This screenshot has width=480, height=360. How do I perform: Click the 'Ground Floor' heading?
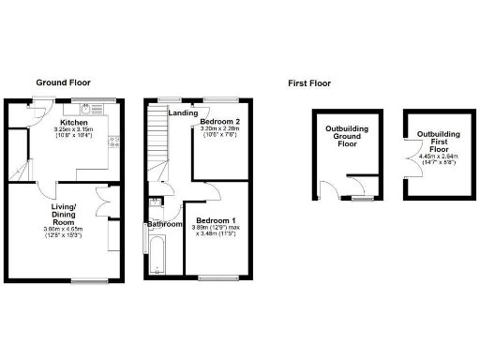coord(63,82)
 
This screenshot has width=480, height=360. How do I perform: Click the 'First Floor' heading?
coord(309,83)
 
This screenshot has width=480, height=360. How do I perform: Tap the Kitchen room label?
coord(74,123)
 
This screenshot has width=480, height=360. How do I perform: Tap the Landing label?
coord(183,113)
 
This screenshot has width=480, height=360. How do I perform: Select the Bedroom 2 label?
coord(224,123)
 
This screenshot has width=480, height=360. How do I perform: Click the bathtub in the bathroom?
coord(156,253)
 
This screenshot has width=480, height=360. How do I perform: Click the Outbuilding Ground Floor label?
coord(346,136)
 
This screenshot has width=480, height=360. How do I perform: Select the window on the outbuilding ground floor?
coord(360,198)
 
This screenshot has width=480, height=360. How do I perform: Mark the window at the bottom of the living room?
coord(87,278)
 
